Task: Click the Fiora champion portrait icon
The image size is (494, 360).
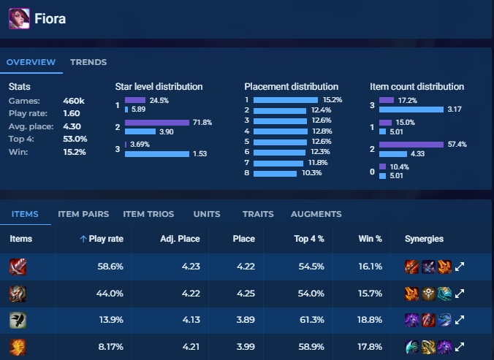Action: pyautogui.click(x=19, y=18)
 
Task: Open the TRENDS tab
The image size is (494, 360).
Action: pyautogui.click(x=88, y=62)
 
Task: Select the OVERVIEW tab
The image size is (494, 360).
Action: pyautogui.click(x=31, y=62)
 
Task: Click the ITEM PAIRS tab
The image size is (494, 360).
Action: pyautogui.click(x=83, y=214)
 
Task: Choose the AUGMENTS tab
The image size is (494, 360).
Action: pyautogui.click(x=316, y=214)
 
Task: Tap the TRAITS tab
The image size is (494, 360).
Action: pyautogui.click(x=258, y=214)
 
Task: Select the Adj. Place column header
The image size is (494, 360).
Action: pyautogui.click(x=180, y=239)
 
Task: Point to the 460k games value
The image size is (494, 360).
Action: pyautogui.click(x=75, y=101)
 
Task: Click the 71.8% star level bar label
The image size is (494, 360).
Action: pyautogui.click(x=202, y=122)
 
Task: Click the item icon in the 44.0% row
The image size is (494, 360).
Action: pyautogui.click(x=18, y=294)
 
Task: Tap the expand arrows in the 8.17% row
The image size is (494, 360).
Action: pyautogui.click(x=460, y=347)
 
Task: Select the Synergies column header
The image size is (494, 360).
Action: pyautogui.click(x=424, y=239)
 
